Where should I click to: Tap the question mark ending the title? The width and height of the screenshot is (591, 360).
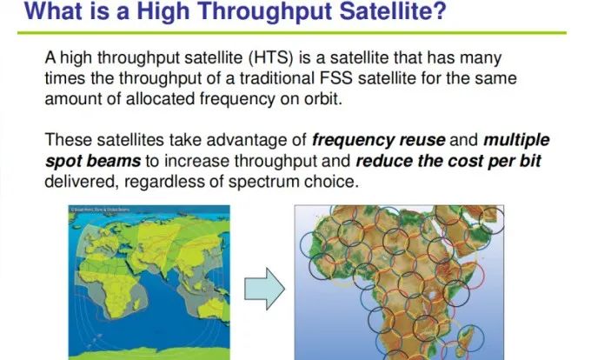pyautogui.click(x=440, y=10)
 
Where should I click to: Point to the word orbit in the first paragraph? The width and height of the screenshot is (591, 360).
pyautogui.click(x=322, y=99)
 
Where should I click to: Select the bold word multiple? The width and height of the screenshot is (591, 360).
pyautogui.click(x=516, y=141)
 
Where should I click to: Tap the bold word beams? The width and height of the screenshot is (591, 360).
pyautogui.click(x=114, y=161)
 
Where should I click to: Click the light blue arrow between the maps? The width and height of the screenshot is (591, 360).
pyautogui.click(x=264, y=289)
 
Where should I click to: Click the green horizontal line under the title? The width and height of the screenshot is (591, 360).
pyautogui.click(x=292, y=33)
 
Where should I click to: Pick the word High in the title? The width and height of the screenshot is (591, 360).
pyautogui.click(x=163, y=11)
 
